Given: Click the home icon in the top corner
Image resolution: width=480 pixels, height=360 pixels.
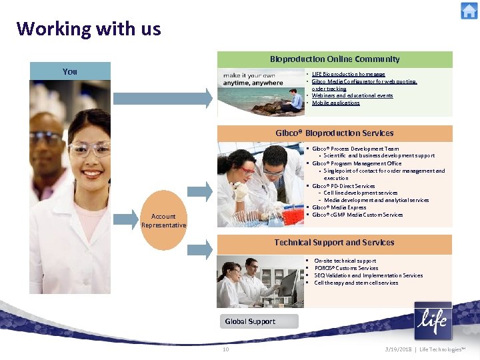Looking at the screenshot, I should [469, 11].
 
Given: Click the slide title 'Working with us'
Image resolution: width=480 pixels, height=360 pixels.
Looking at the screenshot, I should [89, 29].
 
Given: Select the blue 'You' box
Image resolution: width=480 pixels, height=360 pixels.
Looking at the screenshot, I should [70, 71].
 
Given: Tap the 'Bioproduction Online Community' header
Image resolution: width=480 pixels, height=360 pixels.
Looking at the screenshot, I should [335, 59].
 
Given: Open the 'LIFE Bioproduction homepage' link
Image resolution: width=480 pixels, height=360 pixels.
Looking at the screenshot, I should [349, 74].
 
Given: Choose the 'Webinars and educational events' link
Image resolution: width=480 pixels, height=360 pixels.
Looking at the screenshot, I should [352, 95].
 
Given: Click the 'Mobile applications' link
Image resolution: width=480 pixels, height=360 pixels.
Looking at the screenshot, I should [335, 103].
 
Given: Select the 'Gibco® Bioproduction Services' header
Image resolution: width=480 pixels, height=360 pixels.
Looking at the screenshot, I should [335, 133].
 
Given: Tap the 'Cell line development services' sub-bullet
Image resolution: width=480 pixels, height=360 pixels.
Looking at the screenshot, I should [360, 193].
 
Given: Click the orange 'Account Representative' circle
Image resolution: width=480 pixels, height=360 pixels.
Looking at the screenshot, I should [163, 221].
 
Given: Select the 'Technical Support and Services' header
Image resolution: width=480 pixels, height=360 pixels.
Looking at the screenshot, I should [335, 243].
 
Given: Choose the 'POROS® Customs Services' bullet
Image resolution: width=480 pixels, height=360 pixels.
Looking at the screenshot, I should [346, 268].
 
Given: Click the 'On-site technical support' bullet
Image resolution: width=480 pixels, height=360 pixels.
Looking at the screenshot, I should [345, 261].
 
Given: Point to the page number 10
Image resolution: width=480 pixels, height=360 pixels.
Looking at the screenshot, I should [225, 349].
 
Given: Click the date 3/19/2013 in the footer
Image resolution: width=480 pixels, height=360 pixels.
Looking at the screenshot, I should [397, 349].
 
